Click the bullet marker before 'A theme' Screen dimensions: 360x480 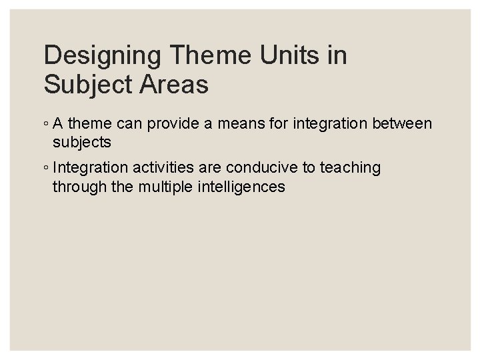tap(45, 124)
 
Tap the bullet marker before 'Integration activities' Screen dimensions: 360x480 tap(45, 168)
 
